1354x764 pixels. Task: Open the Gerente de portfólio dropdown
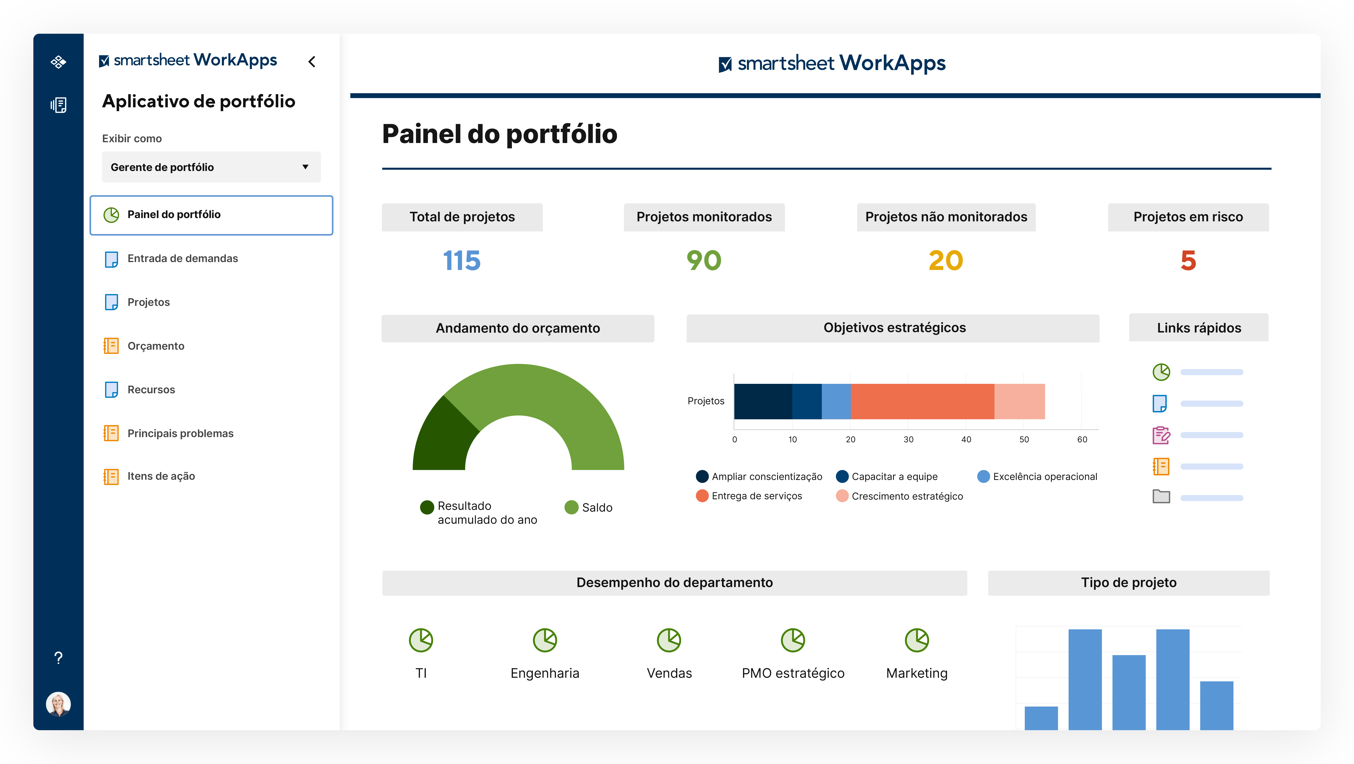click(211, 167)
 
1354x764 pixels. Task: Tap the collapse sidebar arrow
click(312, 62)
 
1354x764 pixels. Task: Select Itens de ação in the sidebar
click(161, 476)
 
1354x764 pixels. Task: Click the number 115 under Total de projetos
click(462, 261)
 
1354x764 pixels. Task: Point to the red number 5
click(1188, 261)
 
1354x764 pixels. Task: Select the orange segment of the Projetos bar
click(922, 401)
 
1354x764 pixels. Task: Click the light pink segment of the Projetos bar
click(1019, 401)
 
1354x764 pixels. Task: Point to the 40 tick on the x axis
click(966, 439)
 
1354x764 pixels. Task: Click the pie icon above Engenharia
click(545, 640)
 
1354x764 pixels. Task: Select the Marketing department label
click(917, 673)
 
